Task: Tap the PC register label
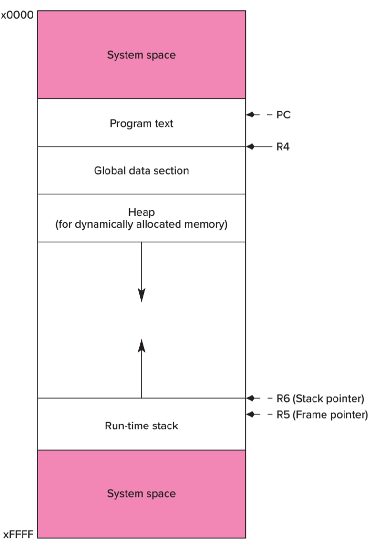(x=283, y=115)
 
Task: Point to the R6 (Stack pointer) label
(x=320, y=399)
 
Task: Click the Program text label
(x=141, y=124)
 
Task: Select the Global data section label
(x=141, y=171)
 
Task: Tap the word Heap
(x=141, y=213)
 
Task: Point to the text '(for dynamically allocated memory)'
(x=141, y=226)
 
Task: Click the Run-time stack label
(x=141, y=426)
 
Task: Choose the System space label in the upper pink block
(x=141, y=55)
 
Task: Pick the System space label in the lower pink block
(x=141, y=493)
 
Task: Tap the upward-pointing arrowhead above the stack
(x=141, y=344)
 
